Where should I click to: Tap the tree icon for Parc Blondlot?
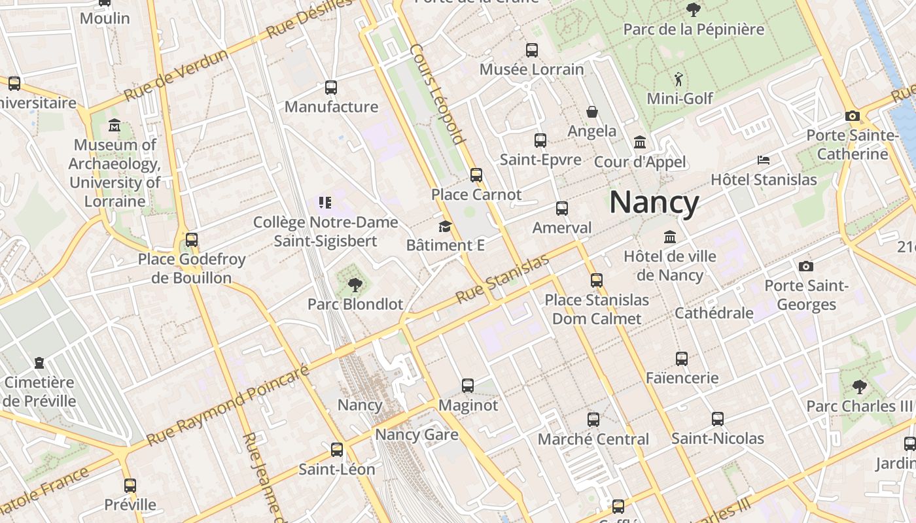[355, 284]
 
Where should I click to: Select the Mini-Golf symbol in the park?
[678, 79]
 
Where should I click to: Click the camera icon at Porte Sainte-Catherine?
[852, 116]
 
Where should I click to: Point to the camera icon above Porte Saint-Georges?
[806, 266]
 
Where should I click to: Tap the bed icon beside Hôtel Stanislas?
[763, 160]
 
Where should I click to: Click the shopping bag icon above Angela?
[592, 112]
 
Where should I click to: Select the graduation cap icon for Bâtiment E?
[445, 226]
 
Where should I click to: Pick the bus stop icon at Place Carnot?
[476, 175]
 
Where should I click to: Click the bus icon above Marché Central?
[593, 419]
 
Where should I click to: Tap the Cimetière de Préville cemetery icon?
[40, 362]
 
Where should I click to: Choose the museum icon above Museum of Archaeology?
[114, 125]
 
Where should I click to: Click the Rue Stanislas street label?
[502, 279]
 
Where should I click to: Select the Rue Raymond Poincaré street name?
[228, 406]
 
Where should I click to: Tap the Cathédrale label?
[714, 312]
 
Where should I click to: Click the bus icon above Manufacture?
[331, 87]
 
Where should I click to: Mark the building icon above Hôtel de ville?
[669, 237]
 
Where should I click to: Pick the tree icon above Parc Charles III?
[859, 386]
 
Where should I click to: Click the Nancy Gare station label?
[417, 434]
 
